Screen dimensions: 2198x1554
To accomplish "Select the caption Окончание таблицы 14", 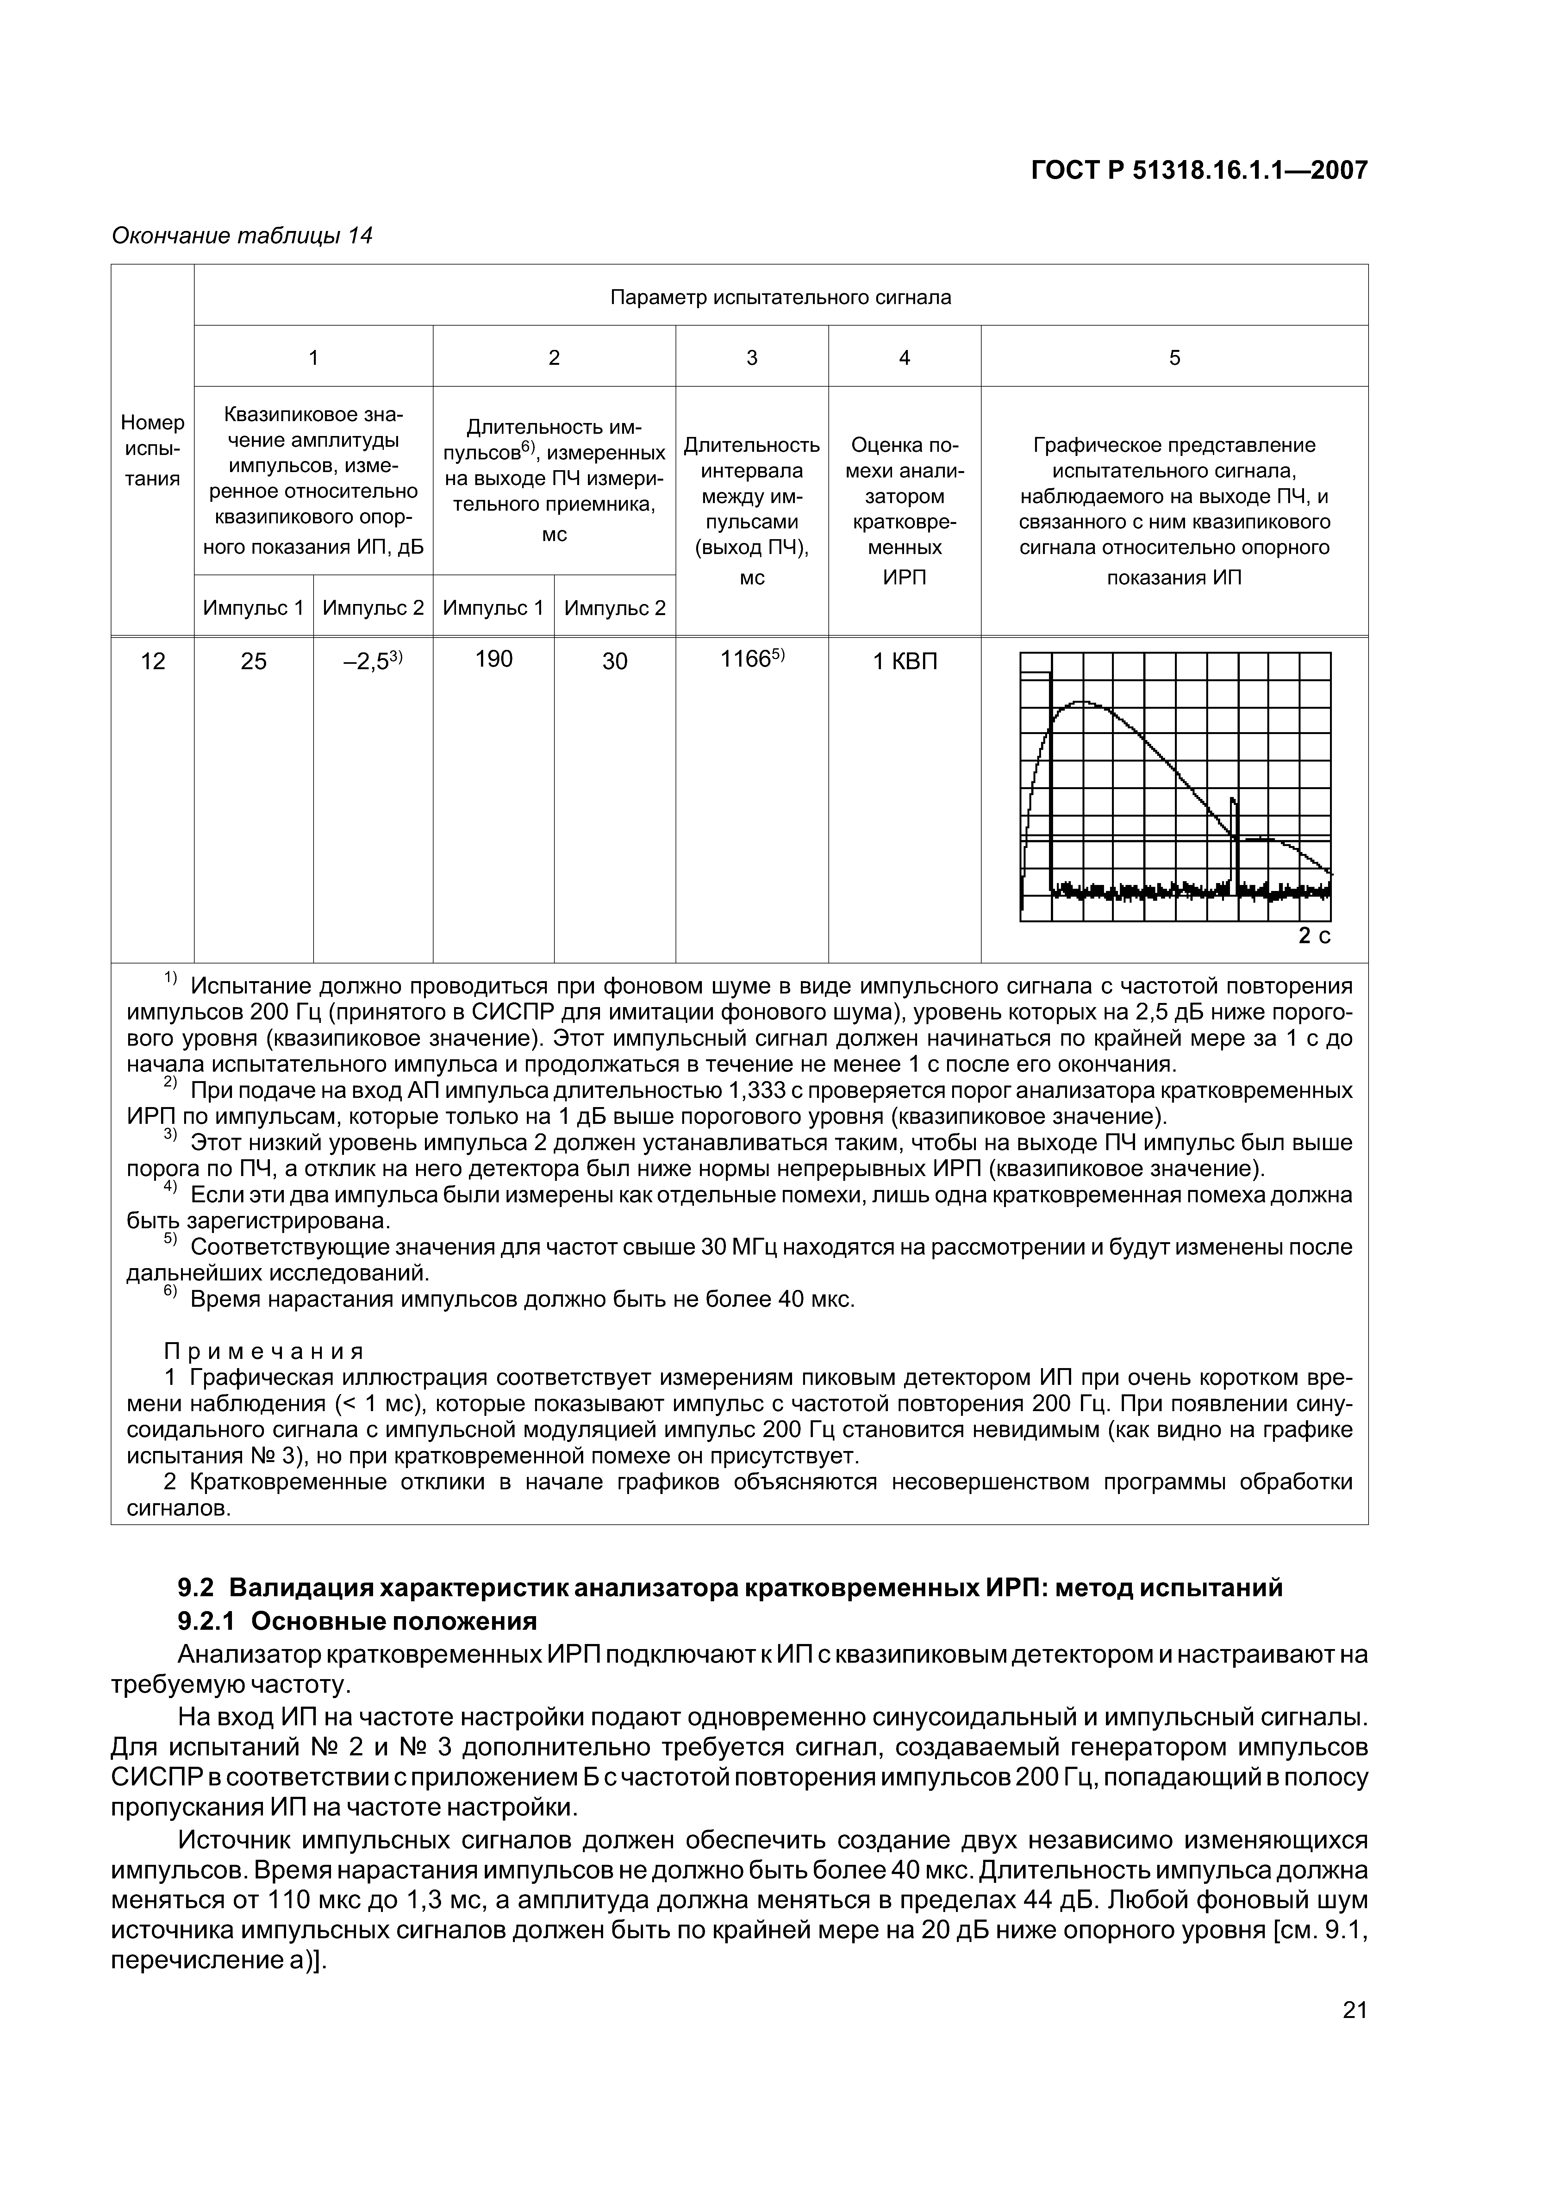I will tap(242, 235).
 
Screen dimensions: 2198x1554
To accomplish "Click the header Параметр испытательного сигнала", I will tap(780, 297).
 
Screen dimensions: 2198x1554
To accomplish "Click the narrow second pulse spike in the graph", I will tap(1233, 814).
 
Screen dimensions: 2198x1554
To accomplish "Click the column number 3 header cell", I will tap(752, 357).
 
